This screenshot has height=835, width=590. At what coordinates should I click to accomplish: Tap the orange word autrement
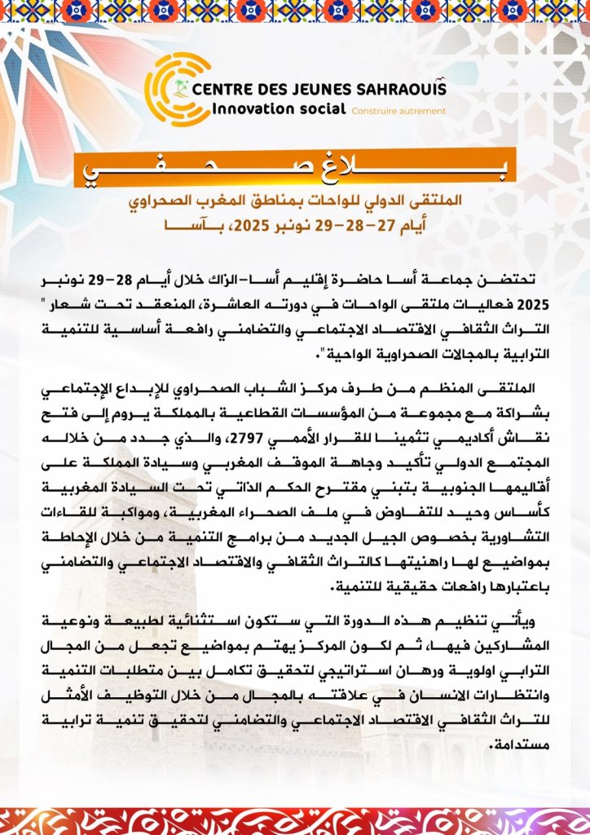tap(425, 111)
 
